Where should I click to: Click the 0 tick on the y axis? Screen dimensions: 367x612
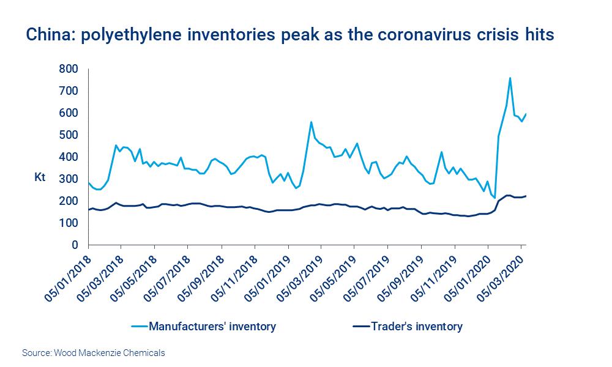tap(75, 245)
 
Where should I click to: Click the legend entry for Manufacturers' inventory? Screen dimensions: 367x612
tap(212, 327)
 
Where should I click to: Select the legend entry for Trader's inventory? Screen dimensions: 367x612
tap(416, 327)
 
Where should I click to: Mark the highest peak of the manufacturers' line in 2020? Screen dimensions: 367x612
tap(510, 78)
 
